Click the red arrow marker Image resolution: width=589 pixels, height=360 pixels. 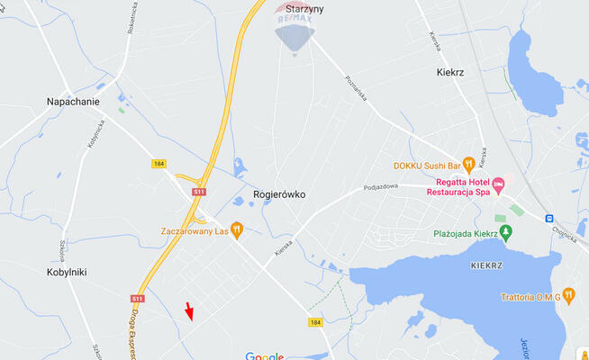click(189, 311)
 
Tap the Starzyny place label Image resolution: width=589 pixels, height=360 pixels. click(304, 9)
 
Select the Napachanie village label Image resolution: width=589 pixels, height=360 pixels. click(73, 102)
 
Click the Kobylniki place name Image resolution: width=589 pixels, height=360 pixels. click(67, 271)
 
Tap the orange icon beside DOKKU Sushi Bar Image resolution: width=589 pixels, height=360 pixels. click(468, 166)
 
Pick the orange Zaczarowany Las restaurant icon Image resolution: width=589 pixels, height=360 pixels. click(237, 230)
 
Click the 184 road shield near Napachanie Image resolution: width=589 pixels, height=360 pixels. click(159, 164)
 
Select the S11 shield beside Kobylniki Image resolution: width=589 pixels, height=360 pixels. click(137, 299)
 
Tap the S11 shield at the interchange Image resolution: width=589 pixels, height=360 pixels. click(199, 192)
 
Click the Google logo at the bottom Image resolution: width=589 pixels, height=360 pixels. click(265, 356)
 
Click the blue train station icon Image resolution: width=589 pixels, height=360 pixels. click(548, 218)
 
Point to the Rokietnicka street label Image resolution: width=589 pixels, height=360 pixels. click(131, 18)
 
